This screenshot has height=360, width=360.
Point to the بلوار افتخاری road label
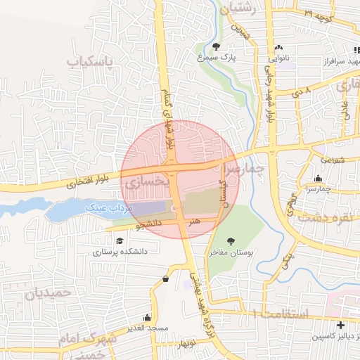tap(84, 185)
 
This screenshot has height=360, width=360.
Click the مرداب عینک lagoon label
tap(106, 208)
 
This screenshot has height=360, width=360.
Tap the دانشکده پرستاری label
tap(119, 250)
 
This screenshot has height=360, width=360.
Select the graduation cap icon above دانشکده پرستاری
tap(119, 240)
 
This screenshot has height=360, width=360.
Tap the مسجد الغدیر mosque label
tap(146, 328)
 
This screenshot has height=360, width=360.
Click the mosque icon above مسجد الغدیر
tap(146, 317)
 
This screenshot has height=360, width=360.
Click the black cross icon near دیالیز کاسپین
tap(341, 325)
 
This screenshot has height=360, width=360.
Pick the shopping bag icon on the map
tap(165, 278)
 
